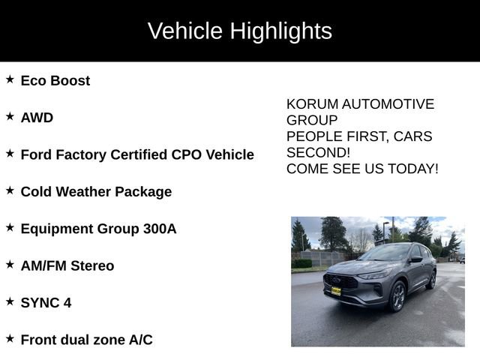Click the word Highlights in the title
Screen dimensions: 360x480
click(x=280, y=31)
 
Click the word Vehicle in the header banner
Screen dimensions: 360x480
click(x=185, y=31)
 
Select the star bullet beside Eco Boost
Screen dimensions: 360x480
click(x=10, y=79)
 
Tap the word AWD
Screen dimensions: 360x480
click(x=37, y=118)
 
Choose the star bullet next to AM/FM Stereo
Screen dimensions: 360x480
click(x=10, y=265)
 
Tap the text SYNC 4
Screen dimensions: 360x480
click(x=46, y=303)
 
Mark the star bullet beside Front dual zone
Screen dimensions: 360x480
click(x=10, y=339)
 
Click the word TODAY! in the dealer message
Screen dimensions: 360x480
click(x=414, y=169)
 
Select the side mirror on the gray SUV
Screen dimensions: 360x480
click(x=415, y=259)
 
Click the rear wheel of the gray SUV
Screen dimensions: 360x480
click(x=431, y=279)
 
